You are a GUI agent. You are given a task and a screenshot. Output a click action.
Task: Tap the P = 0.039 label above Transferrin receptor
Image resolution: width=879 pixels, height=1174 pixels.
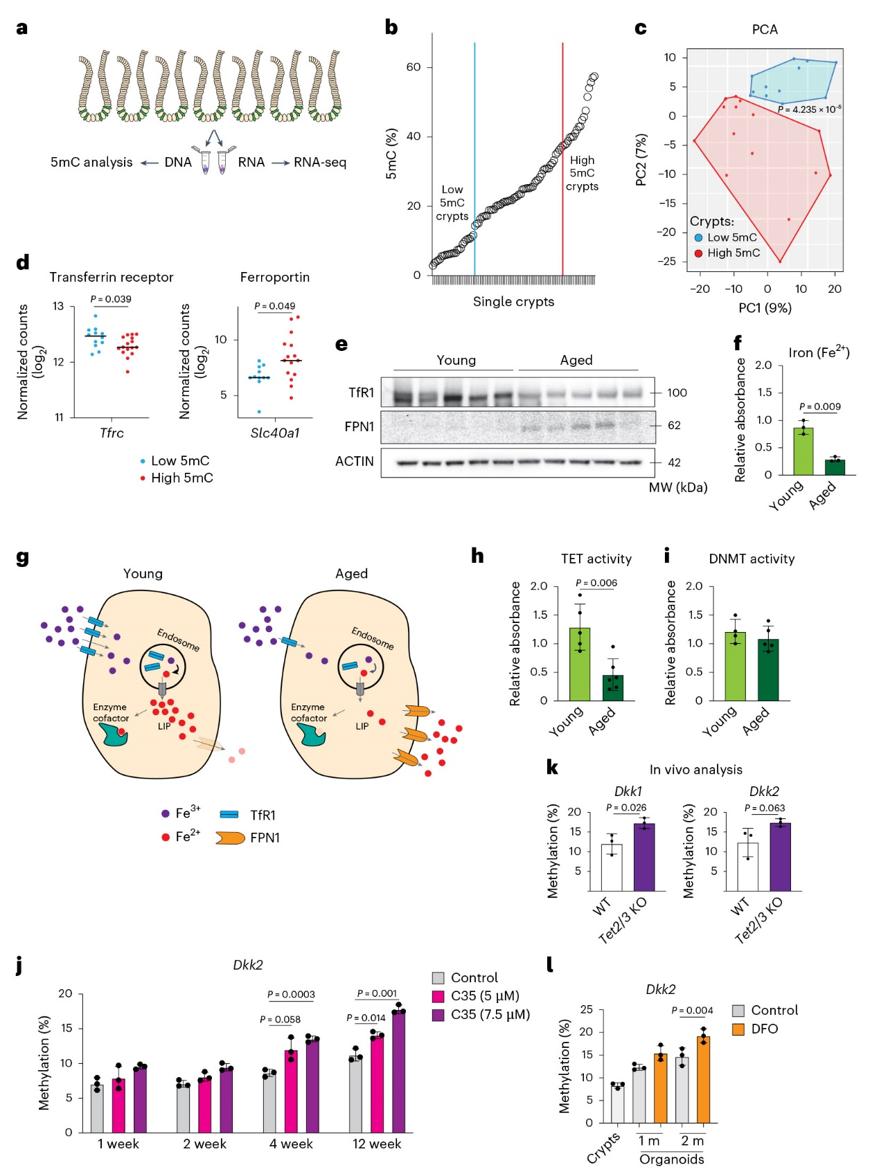[x=111, y=299]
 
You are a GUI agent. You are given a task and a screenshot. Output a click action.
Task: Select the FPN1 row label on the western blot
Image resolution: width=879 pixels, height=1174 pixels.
[x=359, y=426]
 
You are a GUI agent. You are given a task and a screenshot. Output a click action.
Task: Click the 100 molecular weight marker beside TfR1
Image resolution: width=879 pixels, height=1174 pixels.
[x=677, y=392]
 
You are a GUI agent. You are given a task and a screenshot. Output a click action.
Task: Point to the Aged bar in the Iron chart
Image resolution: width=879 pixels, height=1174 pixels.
[x=835, y=467]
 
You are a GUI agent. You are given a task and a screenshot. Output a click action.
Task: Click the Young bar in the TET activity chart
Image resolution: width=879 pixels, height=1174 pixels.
[x=580, y=665]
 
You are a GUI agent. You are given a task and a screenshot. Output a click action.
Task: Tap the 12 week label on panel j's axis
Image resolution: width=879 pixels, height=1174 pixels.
[x=377, y=1144]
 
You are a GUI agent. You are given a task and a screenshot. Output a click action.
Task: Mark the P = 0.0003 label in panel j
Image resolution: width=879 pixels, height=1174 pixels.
[x=291, y=994]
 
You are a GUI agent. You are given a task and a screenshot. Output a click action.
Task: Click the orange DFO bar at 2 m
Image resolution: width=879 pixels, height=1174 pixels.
[x=704, y=1079]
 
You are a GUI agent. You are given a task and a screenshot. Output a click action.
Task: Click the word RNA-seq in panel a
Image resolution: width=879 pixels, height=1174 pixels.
[x=320, y=162]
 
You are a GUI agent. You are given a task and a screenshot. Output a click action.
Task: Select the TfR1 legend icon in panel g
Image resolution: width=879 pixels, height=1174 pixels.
[x=229, y=814]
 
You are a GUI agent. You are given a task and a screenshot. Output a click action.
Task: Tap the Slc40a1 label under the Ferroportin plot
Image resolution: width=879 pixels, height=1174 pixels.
[x=275, y=433]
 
